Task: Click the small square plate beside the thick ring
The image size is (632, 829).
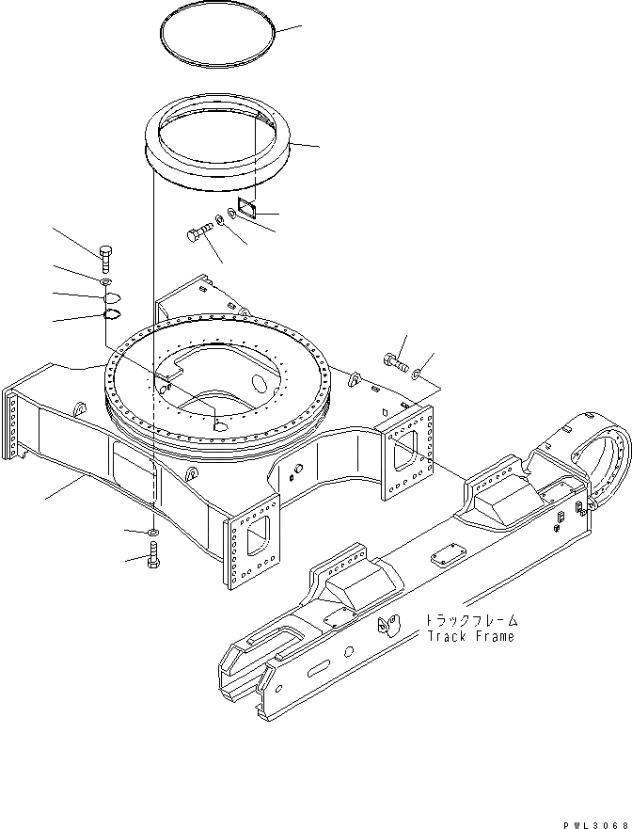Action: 245,207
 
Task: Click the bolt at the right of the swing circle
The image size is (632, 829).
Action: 395,359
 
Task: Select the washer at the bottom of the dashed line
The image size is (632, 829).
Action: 152,534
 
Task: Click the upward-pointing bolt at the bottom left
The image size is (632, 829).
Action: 153,555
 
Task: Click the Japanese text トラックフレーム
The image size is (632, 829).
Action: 470,621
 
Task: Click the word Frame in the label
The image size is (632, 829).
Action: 495,636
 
